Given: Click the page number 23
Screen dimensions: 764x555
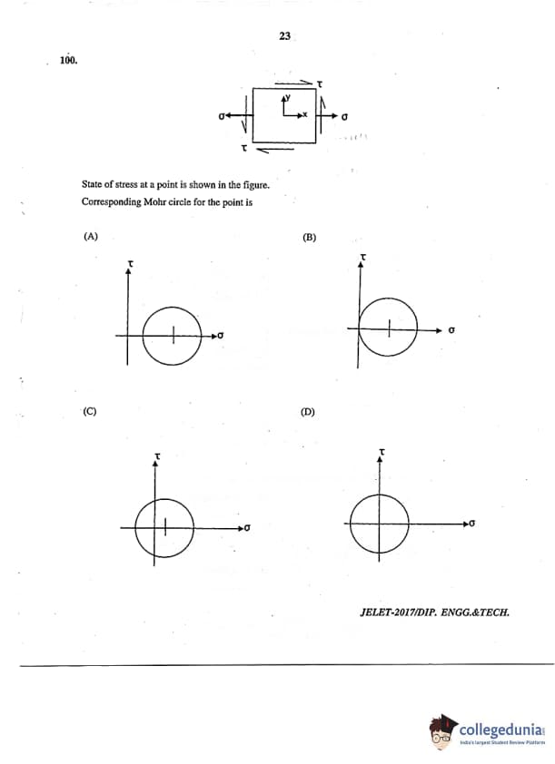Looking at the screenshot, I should (284, 36).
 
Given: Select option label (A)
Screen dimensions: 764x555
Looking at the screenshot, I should (90, 236).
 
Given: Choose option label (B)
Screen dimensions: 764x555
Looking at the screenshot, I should (309, 237).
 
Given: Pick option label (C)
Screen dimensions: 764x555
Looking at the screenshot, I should (90, 411).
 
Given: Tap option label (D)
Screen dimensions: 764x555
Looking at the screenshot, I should (308, 412).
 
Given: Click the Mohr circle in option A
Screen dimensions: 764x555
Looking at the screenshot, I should (173, 336).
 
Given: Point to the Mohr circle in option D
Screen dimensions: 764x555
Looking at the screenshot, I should (381, 524).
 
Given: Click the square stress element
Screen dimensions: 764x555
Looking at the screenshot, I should (284, 114).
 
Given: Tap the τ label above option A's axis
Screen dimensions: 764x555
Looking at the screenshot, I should (131, 262).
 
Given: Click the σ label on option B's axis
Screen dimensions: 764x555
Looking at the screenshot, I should (451, 330).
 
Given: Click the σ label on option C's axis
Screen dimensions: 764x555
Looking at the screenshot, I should (247, 527).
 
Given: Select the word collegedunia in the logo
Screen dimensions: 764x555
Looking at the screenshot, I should (500, 730).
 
